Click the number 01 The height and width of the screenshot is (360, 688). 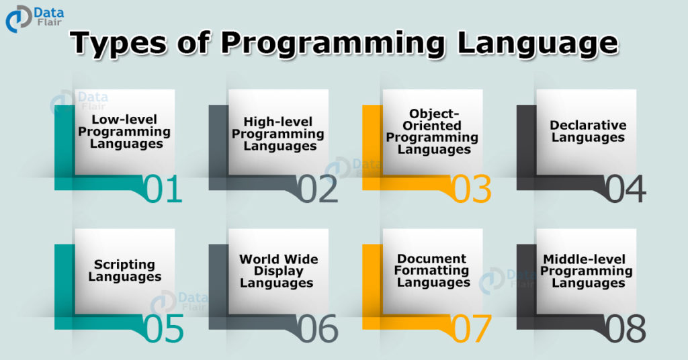click(164, 189)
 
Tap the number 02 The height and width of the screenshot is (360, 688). click(318, 189)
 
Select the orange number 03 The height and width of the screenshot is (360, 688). click(472, 189)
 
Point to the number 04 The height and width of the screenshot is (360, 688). click(626, 189)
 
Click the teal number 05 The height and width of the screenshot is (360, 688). click(164, 328)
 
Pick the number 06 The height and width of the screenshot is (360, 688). click(318, 328)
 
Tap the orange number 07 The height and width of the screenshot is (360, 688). click(472, 328)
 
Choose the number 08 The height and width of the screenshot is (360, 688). click(626, 328)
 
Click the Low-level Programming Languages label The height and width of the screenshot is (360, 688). click(124, 132)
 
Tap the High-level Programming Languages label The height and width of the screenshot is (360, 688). click(278, 134)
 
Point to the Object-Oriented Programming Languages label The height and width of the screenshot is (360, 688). click(432, 132)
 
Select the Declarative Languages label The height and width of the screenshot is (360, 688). click(587, 132)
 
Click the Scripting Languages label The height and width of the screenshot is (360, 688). click(124, 271)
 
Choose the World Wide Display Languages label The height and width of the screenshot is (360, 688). click(278, 271)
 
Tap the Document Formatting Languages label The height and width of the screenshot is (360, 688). click(433, 271)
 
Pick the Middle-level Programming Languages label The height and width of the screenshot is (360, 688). click(587, 271)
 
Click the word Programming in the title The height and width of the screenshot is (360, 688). click(333, 43)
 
